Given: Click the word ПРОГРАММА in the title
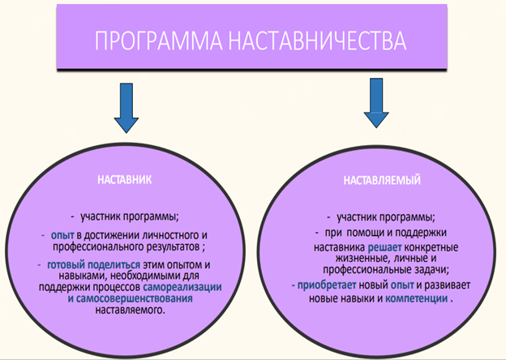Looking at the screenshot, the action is point(158,41).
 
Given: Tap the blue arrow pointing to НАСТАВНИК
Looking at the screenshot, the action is point(126,108).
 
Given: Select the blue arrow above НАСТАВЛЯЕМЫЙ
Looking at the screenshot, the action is point(376,103).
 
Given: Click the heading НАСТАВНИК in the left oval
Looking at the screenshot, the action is point(125,180).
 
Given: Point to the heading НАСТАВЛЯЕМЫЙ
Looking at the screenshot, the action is point(382,180).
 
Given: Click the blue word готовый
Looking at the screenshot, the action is point(66,265).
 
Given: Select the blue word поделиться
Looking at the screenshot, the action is point(114,265).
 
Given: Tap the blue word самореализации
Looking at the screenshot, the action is point(182,287).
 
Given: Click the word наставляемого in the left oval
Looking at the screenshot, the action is point(130,310).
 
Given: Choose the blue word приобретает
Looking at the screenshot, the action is point(327,285).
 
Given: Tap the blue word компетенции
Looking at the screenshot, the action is point(417,298).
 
